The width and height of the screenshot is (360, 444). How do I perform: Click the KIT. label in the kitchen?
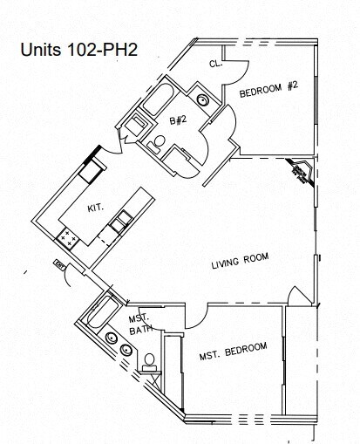tap(95, 208)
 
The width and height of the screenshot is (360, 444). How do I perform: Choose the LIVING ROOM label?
tap(241, 258)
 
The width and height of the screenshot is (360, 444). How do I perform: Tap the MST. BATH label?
tap(140, 324)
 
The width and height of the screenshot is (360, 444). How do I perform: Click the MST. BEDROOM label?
tap(233, 349)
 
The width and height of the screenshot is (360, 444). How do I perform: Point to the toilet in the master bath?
tap(150, 359)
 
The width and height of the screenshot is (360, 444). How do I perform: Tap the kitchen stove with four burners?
tap(67, 236)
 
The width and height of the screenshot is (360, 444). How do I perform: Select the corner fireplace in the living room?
tap(300, 173)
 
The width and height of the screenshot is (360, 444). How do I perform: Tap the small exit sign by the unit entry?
tap(59, 263)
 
